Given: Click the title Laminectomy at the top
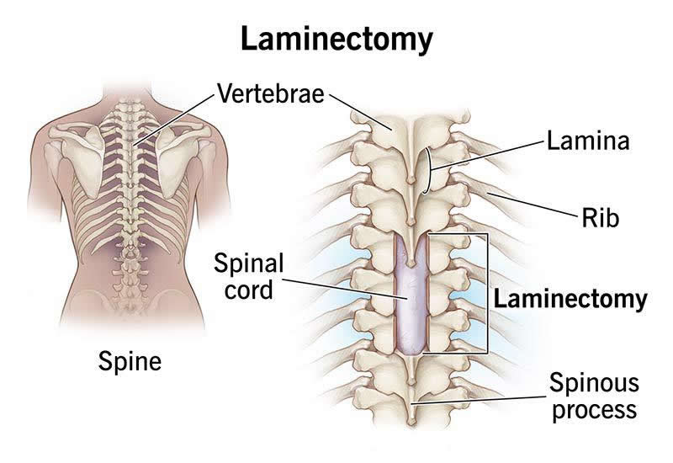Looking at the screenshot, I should pyautogui.click(x=336, y=39).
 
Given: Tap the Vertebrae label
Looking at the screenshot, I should pyautogui.click(x=270, y=93).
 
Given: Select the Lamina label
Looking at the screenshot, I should pyautogui.click(x=588, y=140).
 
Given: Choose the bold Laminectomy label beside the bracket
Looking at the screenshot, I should pyautogui.click(x=570, y=298).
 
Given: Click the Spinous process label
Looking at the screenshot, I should pyautogui.click(x=592, y=397).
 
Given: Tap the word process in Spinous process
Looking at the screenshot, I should pyautogui.click(x=592, y=411).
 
